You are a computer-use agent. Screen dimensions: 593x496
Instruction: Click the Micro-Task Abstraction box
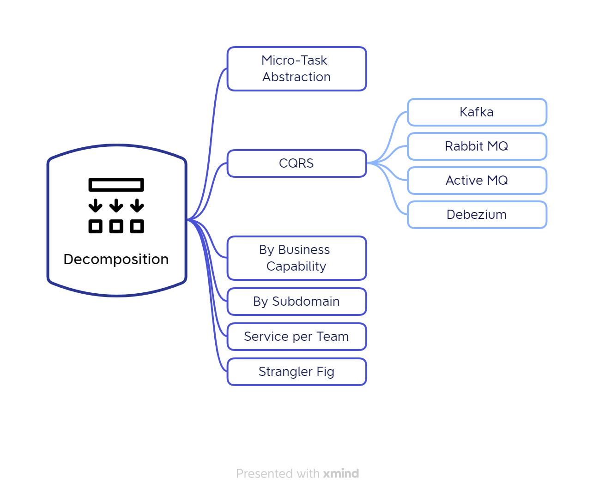296,69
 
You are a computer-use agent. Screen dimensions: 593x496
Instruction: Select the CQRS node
296,163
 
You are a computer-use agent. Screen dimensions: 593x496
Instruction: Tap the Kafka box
477,112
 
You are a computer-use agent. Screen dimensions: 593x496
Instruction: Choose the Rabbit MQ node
477,146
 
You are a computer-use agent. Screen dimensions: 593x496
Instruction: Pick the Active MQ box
477,181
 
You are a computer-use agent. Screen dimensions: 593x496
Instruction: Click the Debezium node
477,214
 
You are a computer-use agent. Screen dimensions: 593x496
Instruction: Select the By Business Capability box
296,258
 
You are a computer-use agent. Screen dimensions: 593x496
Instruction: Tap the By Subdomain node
296,302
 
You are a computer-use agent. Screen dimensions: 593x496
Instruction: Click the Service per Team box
296,336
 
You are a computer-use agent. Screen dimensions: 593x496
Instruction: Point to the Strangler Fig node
296,372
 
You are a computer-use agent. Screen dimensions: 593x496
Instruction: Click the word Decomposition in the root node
116,260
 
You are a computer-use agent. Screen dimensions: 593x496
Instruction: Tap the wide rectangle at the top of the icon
116,185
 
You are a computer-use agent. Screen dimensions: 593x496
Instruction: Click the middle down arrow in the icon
116,206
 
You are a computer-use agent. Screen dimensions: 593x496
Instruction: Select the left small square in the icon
96,226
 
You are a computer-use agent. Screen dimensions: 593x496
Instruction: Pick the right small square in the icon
137,226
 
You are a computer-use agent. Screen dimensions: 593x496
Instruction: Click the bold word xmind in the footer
341,473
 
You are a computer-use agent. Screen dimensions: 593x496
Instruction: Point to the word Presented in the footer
265,473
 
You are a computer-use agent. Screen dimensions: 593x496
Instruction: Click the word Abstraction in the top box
296,77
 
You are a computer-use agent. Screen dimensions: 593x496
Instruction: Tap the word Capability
296,266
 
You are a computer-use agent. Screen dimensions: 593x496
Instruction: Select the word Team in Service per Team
333,336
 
